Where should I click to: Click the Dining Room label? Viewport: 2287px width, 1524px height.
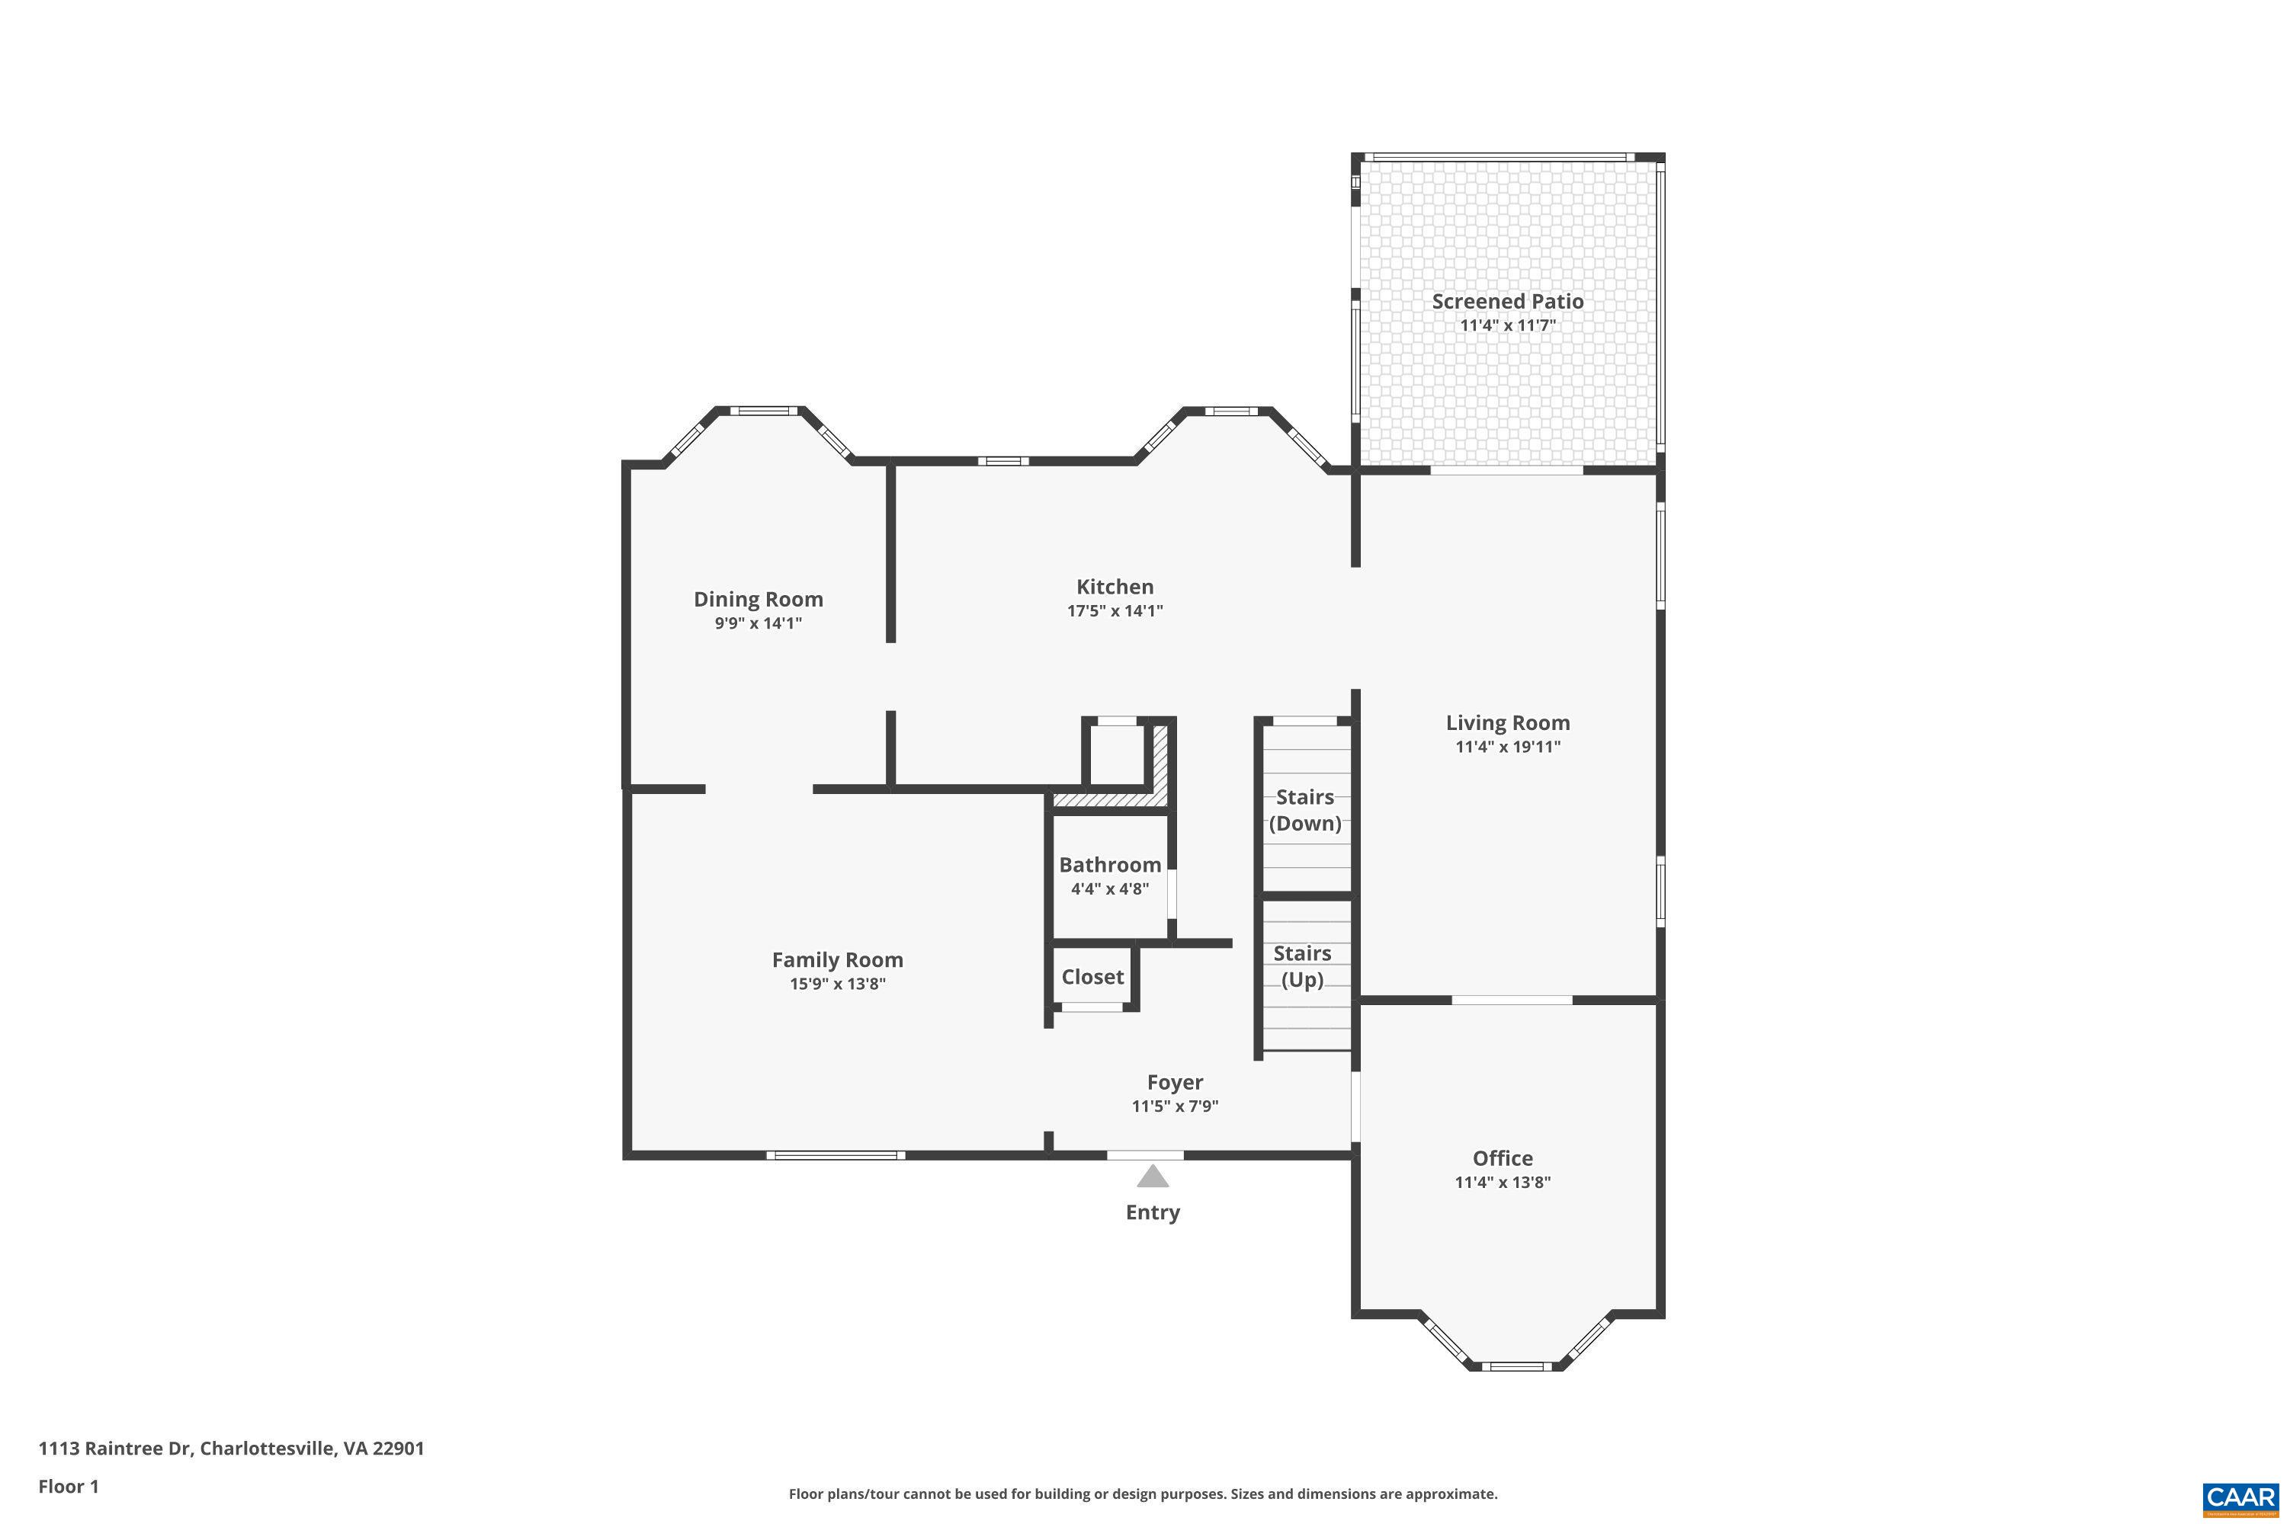pos(758,599)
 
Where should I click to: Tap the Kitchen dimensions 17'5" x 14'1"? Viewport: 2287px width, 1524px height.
pos(1115,610)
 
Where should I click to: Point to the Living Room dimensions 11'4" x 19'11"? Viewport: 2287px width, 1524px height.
pos(1507,747)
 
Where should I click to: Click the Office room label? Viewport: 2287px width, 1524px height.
pos(1503,1157)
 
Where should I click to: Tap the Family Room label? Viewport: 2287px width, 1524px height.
pos(837,959)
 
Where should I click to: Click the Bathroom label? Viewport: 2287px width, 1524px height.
pos(1109,864)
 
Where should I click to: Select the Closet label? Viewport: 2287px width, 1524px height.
pos(1092,977)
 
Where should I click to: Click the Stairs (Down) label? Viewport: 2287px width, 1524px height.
pos(1305,809)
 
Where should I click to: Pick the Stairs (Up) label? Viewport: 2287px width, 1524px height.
pos(1302,966)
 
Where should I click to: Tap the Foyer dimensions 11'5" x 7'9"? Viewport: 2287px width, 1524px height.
pos(1175,1106)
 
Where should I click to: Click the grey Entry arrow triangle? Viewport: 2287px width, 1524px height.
pos(1152,1177)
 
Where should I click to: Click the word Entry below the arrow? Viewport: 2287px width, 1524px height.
pos(1152,1212)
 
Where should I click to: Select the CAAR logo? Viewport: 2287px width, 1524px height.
pos(2240,1498)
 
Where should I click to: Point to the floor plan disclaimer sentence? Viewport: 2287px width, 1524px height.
pos(1143,1494)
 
